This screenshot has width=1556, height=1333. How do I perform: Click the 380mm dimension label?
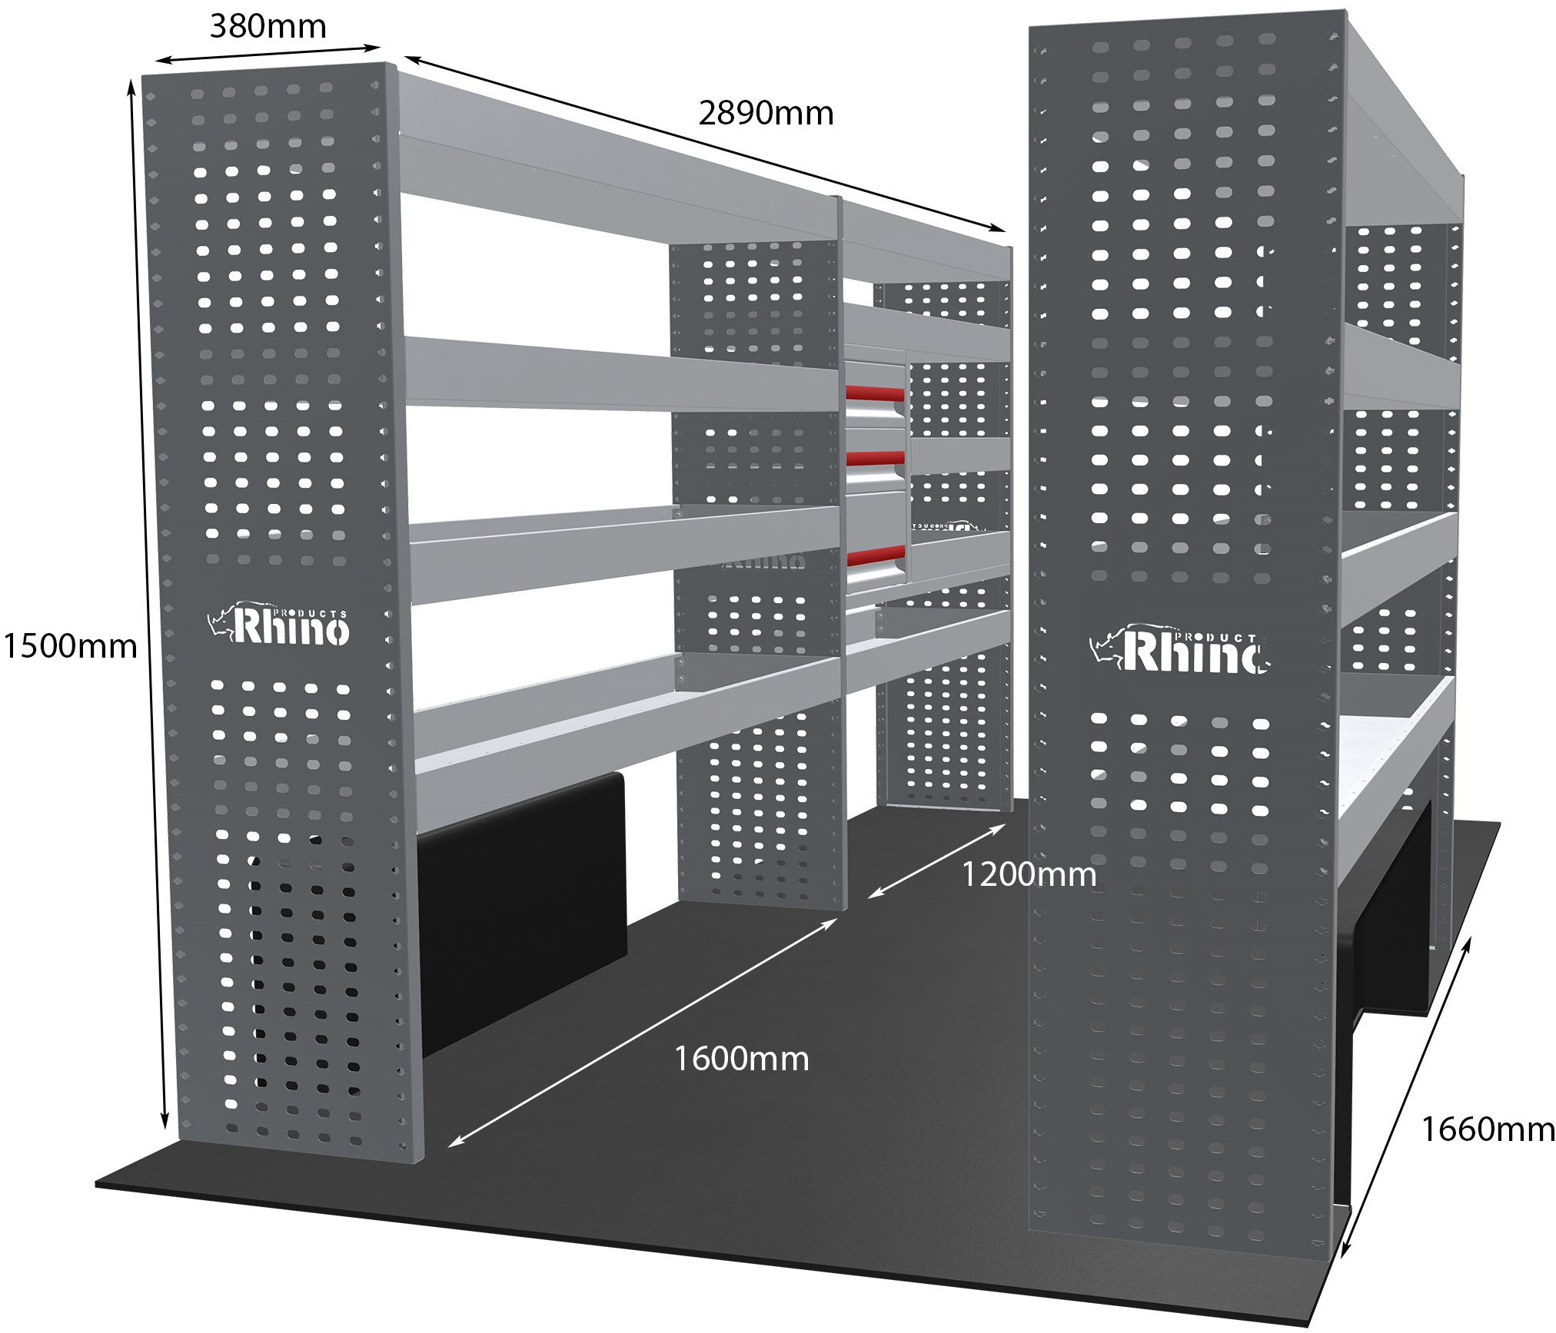pyautogui.click(x=268, y=27)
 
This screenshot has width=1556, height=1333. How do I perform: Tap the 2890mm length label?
pyautogui.click(x=766, y=114)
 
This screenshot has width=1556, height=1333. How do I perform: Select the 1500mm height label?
pyautogui.click(x=70, y=646)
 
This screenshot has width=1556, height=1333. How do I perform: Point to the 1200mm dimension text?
pyautogui.click(x=1029, y=874)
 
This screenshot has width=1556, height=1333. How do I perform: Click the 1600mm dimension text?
pyautogui.click(x=742, y=1059)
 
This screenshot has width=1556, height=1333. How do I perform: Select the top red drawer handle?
pyautogui.click(x=875, y=393)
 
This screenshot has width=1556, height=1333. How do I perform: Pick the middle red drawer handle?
pyautogui.click(x=875, y=459)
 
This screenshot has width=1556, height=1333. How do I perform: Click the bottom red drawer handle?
pyautogui.click(x=875, y=552)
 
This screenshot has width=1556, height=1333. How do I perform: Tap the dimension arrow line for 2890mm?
pyautogui.click(x=705, y=144)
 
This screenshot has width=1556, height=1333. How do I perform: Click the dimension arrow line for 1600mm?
pyautogui.click(x=643, y=1033)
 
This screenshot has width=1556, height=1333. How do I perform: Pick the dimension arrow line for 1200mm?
pyautogui.click(x=937, y=860)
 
